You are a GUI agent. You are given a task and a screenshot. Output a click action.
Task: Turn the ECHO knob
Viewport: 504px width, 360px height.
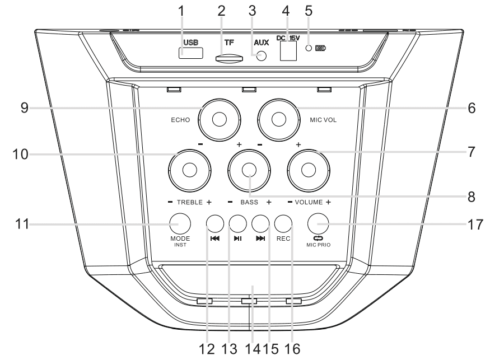click(x=219, y=118)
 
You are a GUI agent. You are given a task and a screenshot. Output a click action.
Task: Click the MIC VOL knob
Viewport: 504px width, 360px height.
click(x=279, y=118)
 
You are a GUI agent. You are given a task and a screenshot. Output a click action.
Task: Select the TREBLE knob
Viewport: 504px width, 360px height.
click(x=189, y=170)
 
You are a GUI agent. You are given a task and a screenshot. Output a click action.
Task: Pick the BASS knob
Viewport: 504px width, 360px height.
click(x=249, y=170)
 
